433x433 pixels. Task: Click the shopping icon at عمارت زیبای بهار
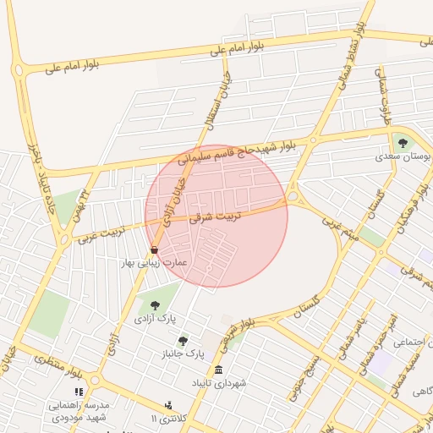coord(154,250)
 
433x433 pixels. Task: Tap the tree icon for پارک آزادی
coord(154,305)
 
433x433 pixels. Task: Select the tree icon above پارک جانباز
coord(183,340)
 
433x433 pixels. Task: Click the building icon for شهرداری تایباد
coord(219,370)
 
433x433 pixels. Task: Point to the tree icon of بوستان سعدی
coord(402,143)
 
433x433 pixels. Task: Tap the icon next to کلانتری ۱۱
coord(168,407)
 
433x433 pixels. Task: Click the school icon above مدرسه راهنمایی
coord(79,392)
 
